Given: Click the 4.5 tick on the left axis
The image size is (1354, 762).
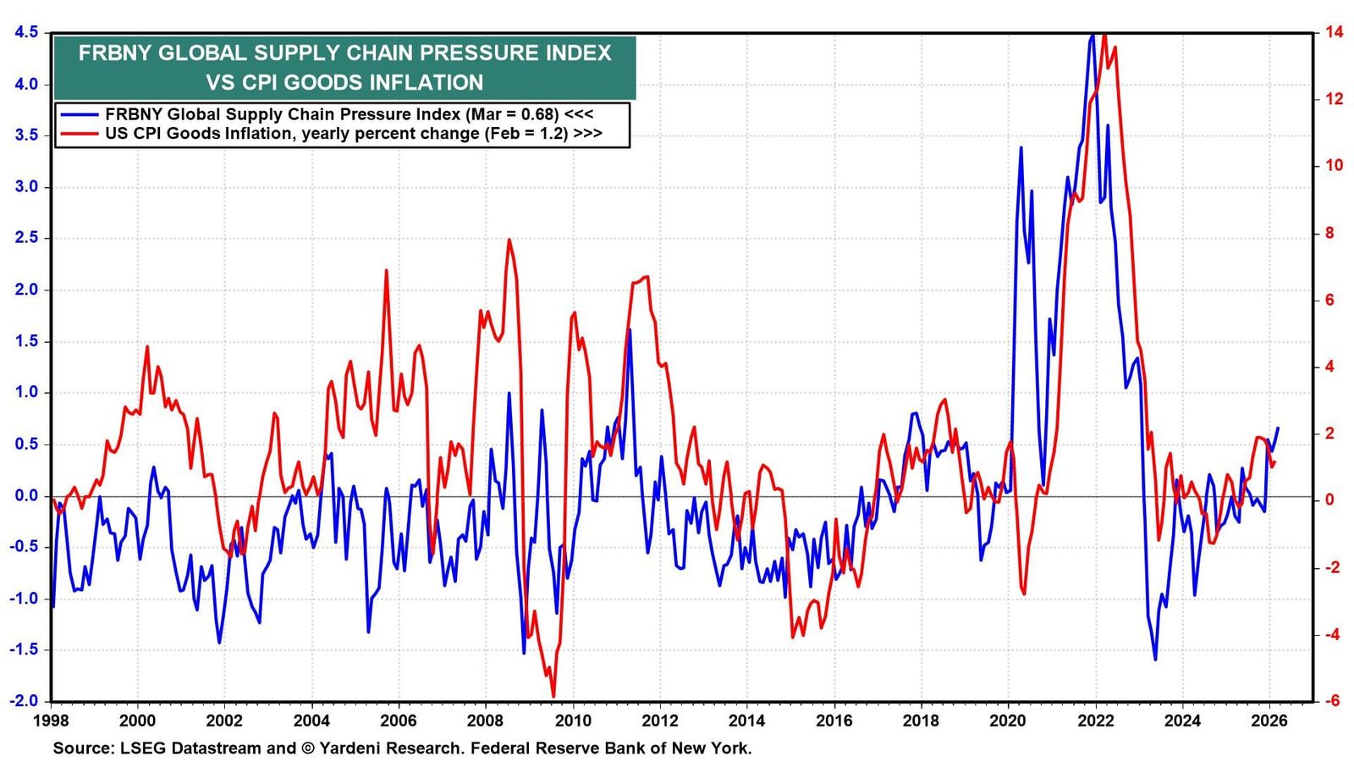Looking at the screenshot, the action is point(25,32).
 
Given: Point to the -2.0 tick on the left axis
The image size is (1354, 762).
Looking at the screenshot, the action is point(23,701).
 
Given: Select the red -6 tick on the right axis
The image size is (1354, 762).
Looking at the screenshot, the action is point(1327,701).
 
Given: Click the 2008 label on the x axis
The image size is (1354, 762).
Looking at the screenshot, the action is point(486,721).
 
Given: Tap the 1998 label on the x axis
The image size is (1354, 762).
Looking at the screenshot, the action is point(52,721).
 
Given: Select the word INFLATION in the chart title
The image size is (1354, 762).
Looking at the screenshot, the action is point(427,82).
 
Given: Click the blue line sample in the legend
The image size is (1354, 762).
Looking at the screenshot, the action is point(77,114).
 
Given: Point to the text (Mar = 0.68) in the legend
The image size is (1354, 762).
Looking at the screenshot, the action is point(513,114).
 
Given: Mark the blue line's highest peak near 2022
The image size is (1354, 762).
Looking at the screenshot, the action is point(1092,35).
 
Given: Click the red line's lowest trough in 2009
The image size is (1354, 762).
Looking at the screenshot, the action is point(553,696).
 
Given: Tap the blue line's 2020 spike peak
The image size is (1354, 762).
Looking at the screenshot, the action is point(1021,147).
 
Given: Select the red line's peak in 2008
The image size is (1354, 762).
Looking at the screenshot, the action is point(509,240).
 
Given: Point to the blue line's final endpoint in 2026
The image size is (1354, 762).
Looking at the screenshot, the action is point(1278,428).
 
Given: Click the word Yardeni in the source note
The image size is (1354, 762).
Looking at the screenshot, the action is point(346,748).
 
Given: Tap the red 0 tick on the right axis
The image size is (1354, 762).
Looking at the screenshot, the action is point(1325,500).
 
